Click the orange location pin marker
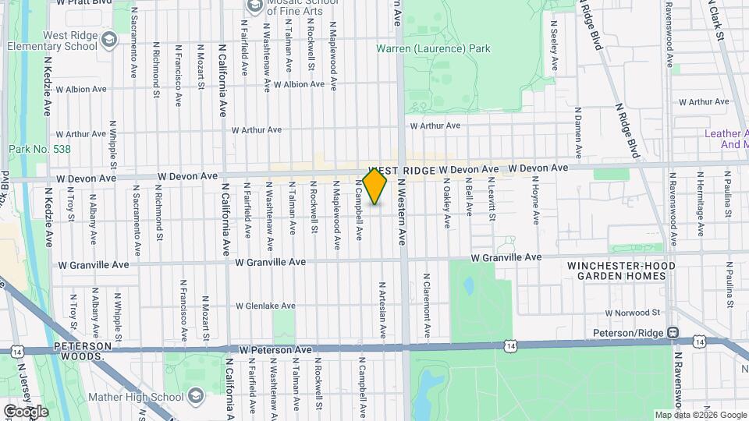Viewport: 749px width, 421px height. pyautogui.click(x=375, y=186)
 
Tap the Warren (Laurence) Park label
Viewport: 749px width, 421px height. pyautogui.click(x=433, y=48)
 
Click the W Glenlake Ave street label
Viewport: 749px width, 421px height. pyautogui.click(x=266, y=306)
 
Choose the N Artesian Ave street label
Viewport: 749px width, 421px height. pyautogui.click(x=383, y=310)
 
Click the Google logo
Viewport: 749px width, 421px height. pyautogui.click(x=25, y=411)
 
